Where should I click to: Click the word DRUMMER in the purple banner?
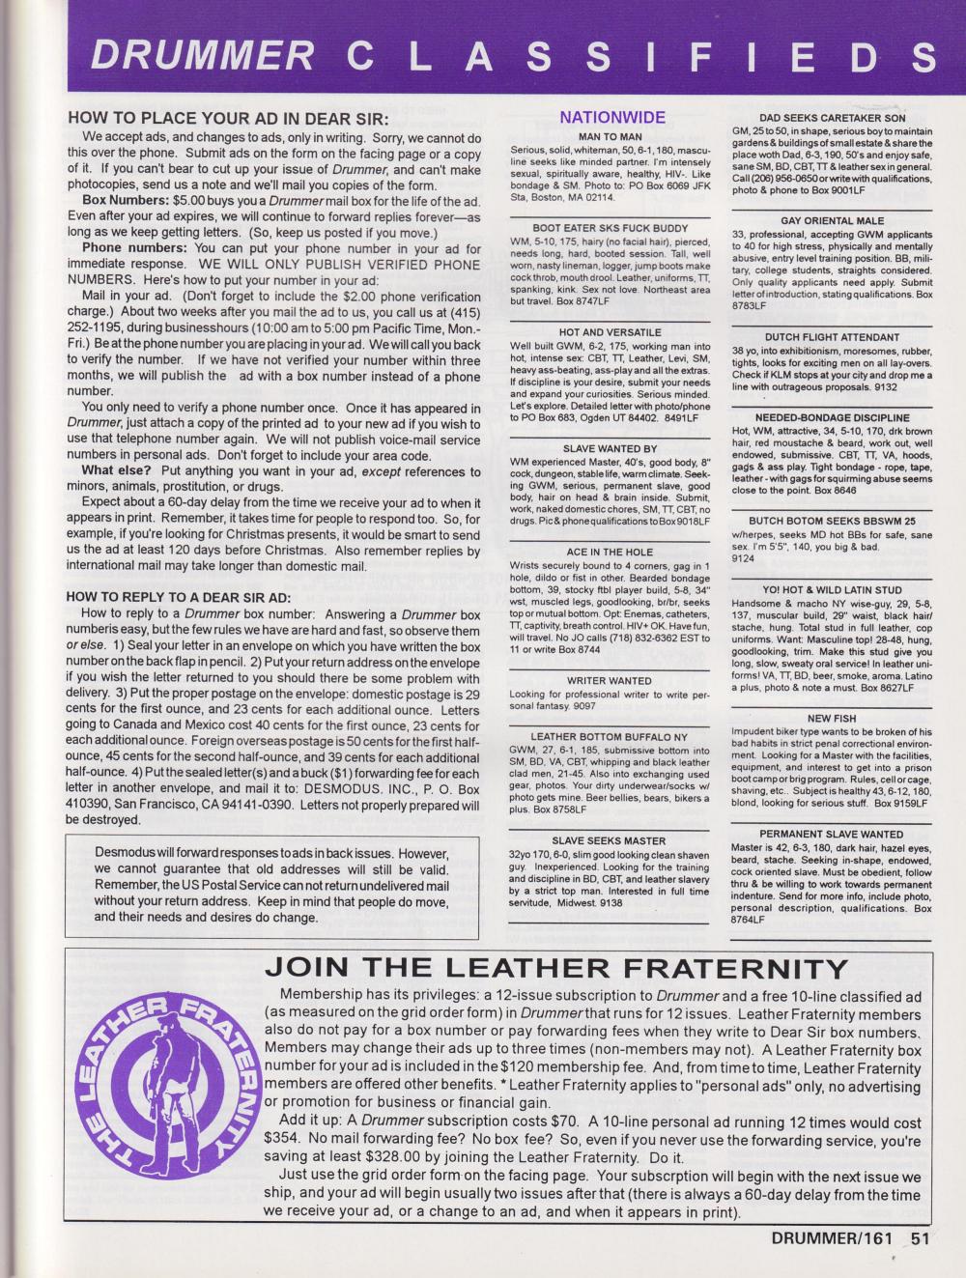click(203, 56)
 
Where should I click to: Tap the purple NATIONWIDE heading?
click(612, 118)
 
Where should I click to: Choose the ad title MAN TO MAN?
click(610, 137)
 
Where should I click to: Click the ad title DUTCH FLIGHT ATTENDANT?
click(831, 337)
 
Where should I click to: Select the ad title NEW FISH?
click(831, 719)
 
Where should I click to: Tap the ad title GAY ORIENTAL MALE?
click(831, 221)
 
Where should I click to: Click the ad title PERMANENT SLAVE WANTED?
click(831, 834)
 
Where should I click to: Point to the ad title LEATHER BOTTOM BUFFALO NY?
click(610, 736)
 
